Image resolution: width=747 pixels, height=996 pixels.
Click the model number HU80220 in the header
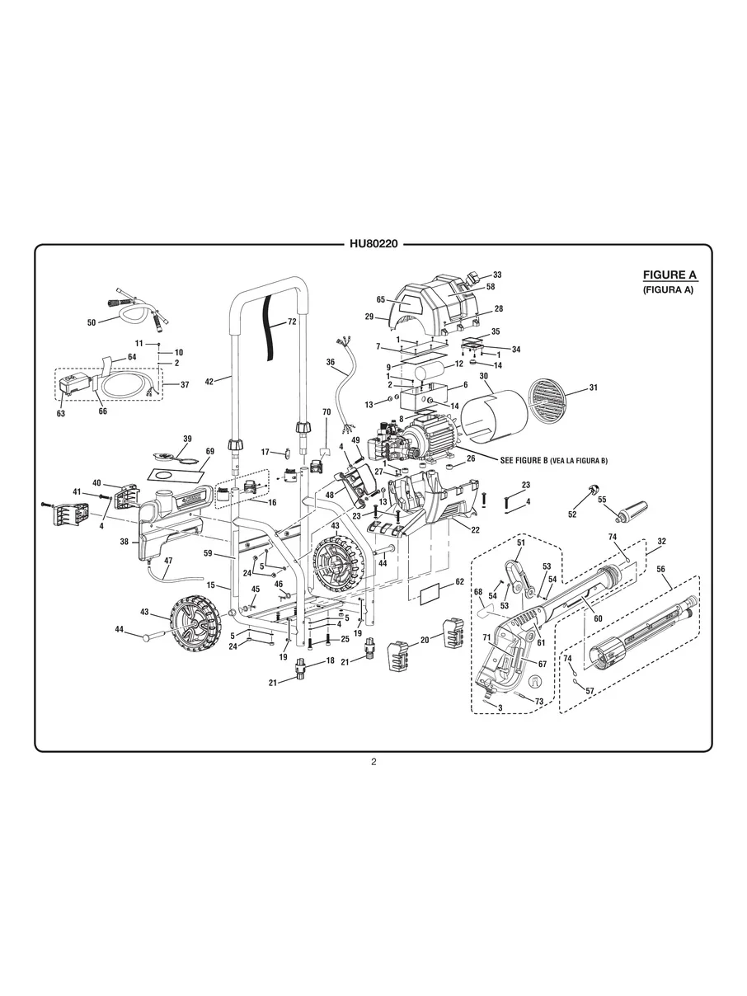[373, 244]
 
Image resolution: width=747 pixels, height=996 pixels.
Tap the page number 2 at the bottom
[373, 762]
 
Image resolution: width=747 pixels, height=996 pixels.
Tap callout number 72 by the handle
[291, 322]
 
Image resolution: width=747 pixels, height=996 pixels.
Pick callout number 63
[60, 414]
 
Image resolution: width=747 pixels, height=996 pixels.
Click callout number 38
[124, 543]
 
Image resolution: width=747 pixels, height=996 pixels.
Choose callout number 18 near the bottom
[330, 660]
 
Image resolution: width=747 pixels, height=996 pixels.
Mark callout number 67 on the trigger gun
[543, 664]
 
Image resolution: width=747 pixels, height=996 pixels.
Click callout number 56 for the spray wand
[660, 569]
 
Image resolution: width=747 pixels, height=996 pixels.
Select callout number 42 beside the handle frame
[209, 381]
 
